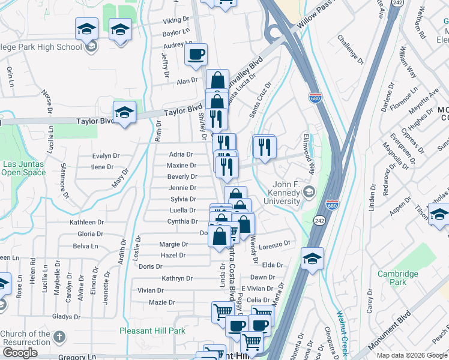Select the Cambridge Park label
[x=397, y=278]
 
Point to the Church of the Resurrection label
[x=25, y=338]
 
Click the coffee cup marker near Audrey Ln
[x=196, y=55]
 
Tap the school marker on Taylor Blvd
[x=124, y=112]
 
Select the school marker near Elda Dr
[x=312, y=259]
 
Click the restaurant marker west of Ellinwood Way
[x=264, y=146]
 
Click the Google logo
[x=20, y=353]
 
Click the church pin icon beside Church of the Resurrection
[x=59, y=337]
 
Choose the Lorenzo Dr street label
[x=275, y=244]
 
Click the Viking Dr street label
[x=176, y=20]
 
